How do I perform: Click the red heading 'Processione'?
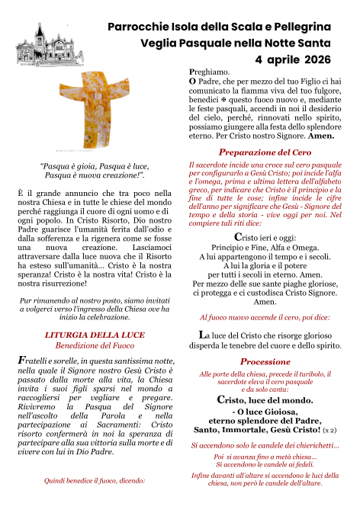point(265,361)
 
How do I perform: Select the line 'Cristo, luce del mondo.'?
point(265,399)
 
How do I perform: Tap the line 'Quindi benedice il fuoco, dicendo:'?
point(95,481)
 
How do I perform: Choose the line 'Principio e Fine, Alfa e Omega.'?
point(265,227)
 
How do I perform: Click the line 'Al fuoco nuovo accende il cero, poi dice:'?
point(265,316)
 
